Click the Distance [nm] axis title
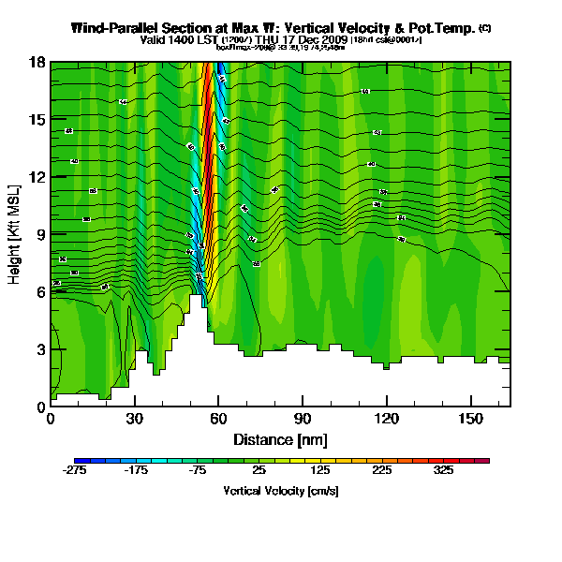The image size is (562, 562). click(280, 438)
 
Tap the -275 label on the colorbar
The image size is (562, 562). click(76, 471)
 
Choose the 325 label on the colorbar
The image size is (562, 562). click(446, 471)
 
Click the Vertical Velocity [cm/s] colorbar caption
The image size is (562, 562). click(280, 491)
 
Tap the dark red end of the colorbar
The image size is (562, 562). click(482, 460)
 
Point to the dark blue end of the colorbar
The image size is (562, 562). click(79, 460)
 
